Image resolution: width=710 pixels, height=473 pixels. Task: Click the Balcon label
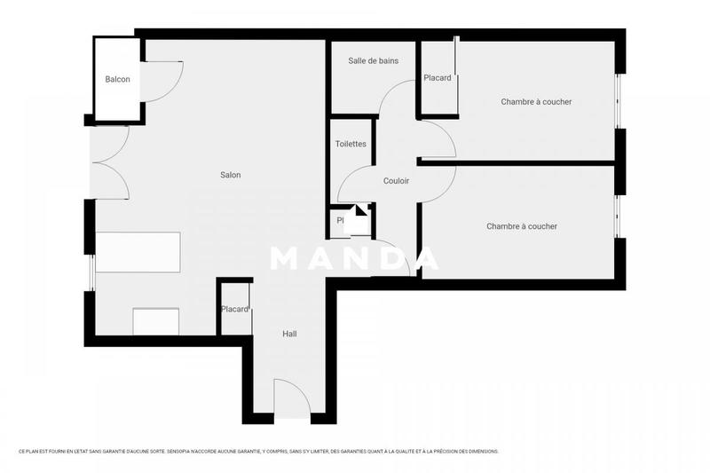[117, 80]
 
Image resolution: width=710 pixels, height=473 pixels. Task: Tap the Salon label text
[231, 175]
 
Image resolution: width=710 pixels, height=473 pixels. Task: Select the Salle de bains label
[373, 61]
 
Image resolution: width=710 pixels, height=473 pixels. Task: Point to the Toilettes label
[351, 144]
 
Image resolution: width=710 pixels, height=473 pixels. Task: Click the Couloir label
[396, 181]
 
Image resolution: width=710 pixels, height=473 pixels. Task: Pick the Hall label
[289, 335]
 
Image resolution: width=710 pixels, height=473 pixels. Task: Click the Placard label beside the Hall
[235, 310]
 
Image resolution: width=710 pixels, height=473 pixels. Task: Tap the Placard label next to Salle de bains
[437, 78]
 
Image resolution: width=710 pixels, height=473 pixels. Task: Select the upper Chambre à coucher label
[536, 102]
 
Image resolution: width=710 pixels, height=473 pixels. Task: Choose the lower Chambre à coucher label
[522, 226]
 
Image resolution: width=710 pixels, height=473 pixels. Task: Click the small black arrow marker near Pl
[360, 212]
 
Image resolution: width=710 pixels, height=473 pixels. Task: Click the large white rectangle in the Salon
[138, 253]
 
